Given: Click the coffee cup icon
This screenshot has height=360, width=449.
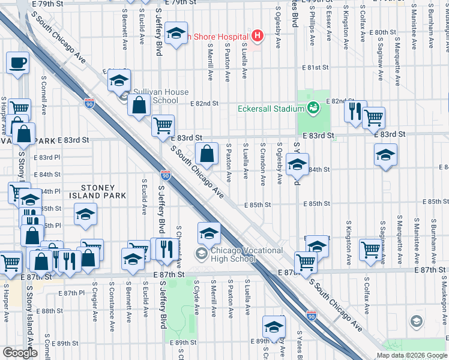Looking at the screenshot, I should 17,62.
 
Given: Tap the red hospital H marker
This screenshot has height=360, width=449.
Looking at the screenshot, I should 258,37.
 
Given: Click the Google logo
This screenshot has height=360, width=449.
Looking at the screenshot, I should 20,353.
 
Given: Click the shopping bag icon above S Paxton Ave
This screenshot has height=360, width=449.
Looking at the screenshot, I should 206,154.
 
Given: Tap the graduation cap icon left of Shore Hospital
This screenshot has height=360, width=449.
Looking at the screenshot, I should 176,34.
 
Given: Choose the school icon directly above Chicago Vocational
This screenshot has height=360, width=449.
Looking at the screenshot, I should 209,233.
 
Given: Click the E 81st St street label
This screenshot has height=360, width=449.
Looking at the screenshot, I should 316,68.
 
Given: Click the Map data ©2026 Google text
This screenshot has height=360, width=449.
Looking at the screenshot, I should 411,355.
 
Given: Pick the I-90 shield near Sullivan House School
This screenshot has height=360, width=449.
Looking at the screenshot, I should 89,103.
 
